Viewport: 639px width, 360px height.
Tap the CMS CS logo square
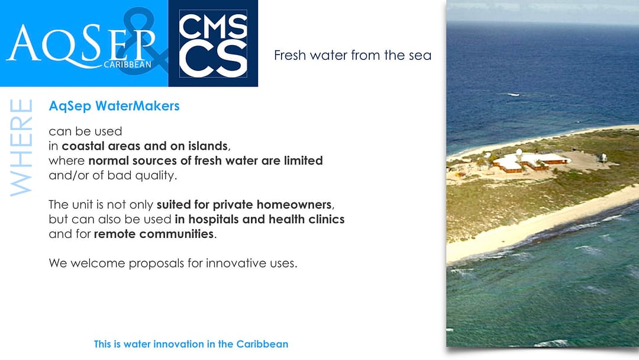(x=213, y=43)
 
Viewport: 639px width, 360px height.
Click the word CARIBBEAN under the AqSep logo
(x=128, y=65)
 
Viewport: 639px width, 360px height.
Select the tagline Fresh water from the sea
(x=353, y=55)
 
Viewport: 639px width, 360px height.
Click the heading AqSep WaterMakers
(x=114, y=106)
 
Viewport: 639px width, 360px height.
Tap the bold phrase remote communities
(x=154, y=234)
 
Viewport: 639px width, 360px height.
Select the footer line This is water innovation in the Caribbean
(x=191, y=344)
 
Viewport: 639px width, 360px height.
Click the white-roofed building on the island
(x=530, y=162)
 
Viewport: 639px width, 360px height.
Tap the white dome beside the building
(x=519, y=153)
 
